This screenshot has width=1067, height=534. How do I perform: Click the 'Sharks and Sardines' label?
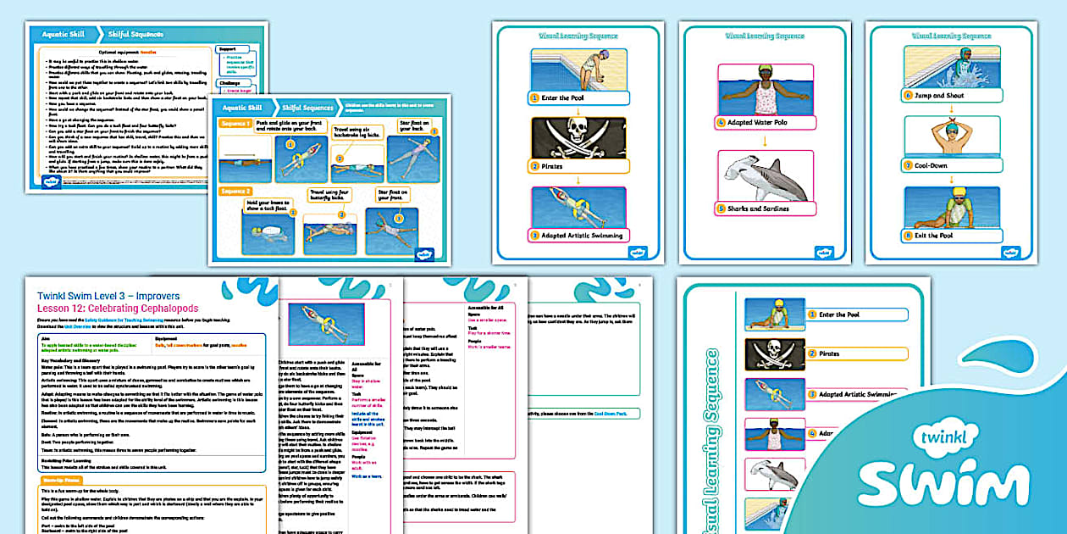point(758,209)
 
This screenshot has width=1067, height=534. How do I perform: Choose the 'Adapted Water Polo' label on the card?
point(766,123)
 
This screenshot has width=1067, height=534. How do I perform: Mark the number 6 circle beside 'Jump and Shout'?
point(909,96)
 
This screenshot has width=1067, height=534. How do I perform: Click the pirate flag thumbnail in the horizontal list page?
point(768,353)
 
